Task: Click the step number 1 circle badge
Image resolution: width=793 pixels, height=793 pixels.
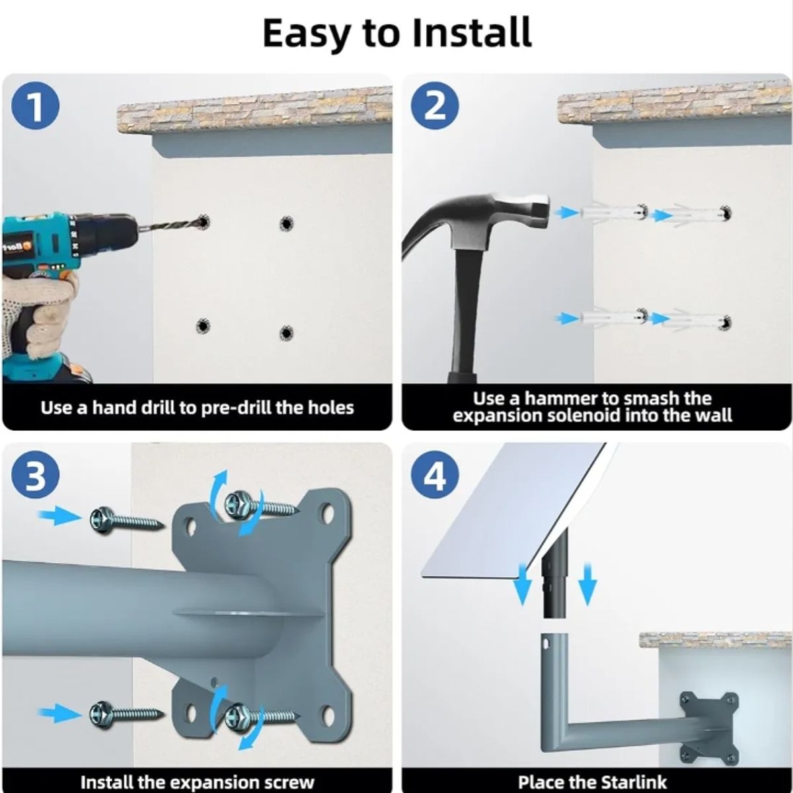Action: (x=35, y=107)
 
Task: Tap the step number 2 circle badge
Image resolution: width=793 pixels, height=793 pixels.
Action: (x=435, y=106)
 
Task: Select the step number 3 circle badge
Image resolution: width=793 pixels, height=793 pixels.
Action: (x=35, y=476)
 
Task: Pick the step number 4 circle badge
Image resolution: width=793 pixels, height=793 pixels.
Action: (x=435, y=476)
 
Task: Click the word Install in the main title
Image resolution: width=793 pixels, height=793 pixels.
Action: (x=471, y=33)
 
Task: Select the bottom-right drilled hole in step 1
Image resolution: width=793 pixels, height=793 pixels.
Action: (x=286, y=332)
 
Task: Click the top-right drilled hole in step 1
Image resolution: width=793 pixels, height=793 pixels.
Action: (x=286, y=223)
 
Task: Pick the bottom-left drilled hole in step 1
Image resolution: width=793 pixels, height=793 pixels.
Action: (x=202, y=326)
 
